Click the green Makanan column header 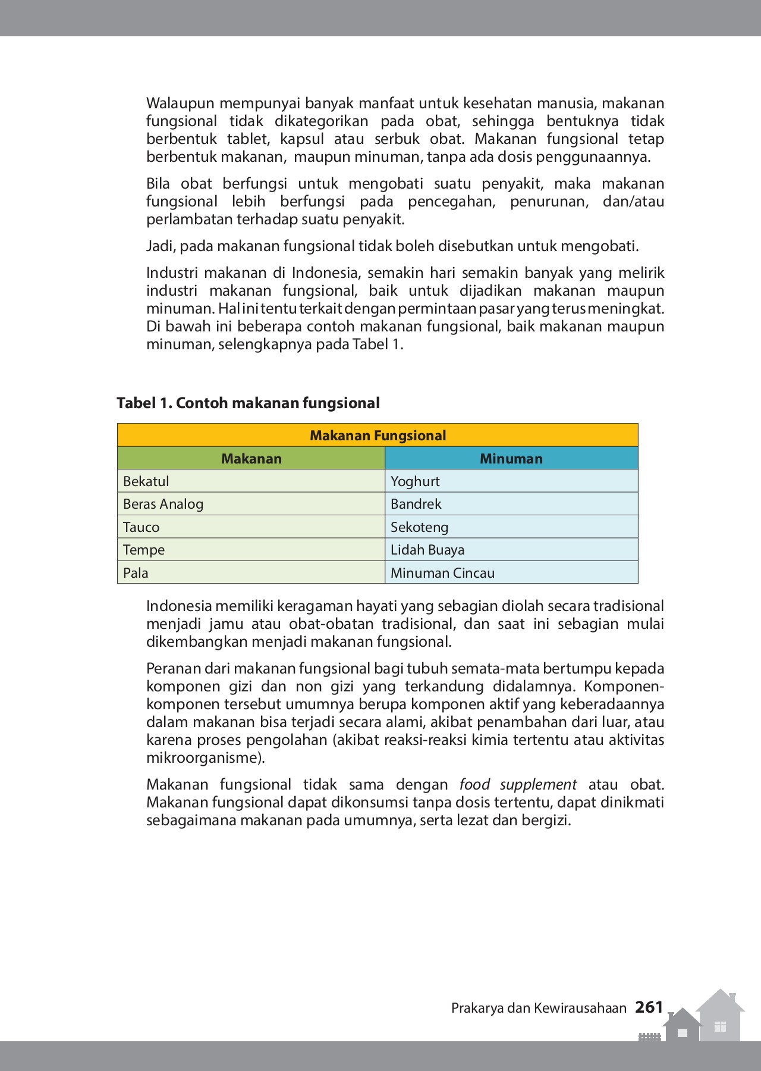point(251,459)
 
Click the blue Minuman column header point(511,459)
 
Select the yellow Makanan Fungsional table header point(378,436)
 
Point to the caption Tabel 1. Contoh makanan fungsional point(248,403)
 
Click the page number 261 point(649,1007)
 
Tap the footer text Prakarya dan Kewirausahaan point(539,1008)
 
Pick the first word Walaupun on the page point(180,104)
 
